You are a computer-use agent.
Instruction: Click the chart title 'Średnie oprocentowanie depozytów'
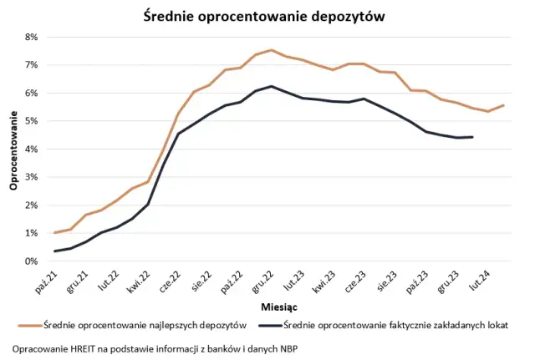[267, 16]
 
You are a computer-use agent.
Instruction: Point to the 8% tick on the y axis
[31, 37]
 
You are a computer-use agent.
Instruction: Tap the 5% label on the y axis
[31, 121]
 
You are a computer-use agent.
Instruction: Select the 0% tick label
[31, 261]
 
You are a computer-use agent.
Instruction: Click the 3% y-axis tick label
[31, 177]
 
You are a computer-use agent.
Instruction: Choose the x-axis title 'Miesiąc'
[279, 307]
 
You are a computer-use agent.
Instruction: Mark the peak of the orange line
[271, 50]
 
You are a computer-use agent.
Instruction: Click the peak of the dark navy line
[271, 86]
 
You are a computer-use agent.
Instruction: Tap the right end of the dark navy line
[472, 137]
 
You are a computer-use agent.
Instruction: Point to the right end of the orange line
[503, 105]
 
